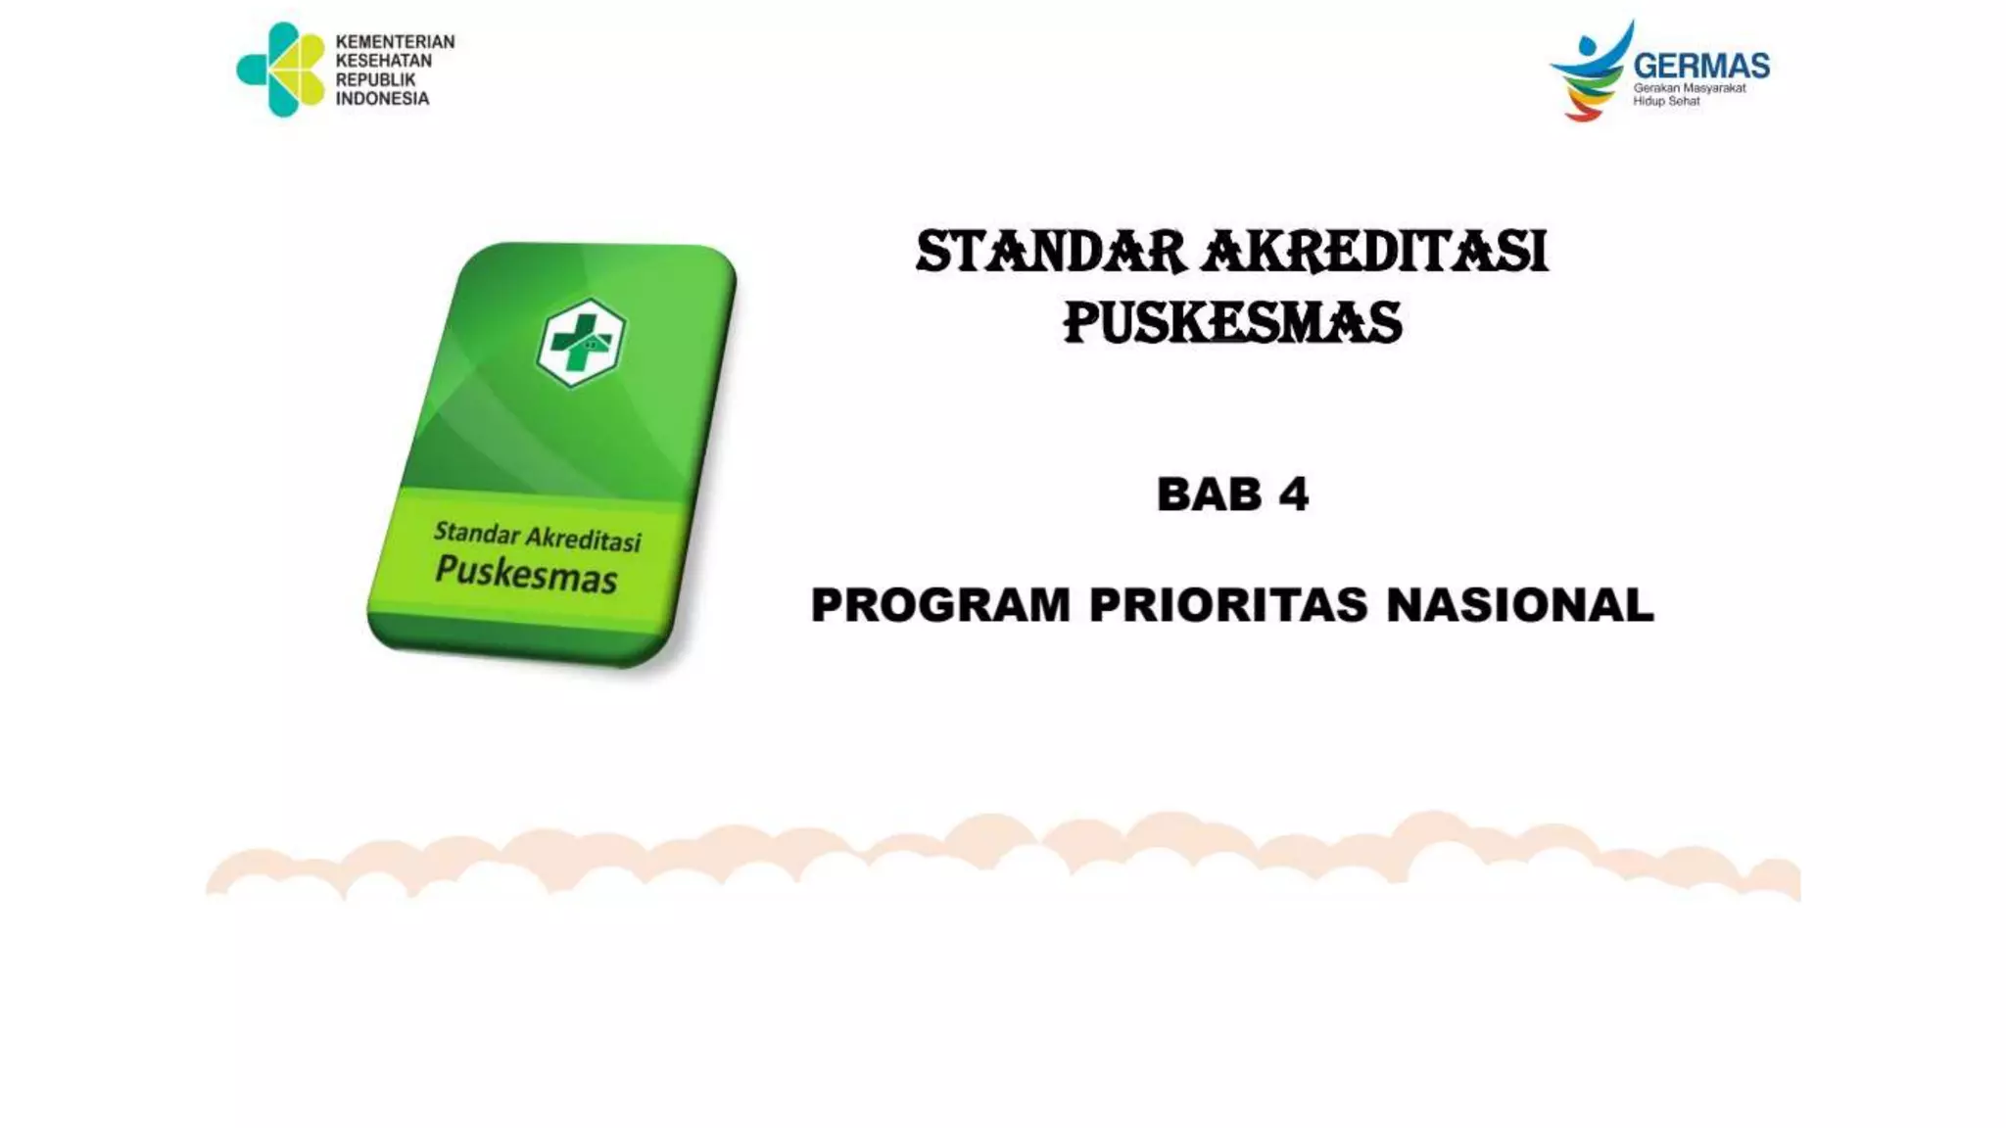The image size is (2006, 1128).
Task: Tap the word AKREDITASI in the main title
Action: pyautogui.click(x=1374, y=252)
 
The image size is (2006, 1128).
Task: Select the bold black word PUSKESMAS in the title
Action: pyautogui.click(x=1232, y=323)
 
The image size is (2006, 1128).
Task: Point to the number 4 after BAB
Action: pyautogui.click(x=1293, y=494)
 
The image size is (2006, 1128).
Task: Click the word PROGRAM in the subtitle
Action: pyautogui.click(x=940, y=605)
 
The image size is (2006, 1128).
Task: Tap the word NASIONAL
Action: pyautogui.click(x=1520, y=605)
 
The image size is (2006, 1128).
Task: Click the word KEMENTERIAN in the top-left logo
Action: pyautogui.click(x=395, y=42)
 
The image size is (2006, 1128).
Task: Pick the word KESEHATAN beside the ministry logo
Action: pyautogui.click(x=383, y=61)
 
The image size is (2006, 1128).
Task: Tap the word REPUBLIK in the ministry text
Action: pyautogui.click(x=375, y=79)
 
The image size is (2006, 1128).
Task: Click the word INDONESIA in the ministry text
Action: pyautogui.click(x=382, y=99)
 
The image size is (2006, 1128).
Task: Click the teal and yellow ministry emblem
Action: pyautogui.click(x=281, y=70)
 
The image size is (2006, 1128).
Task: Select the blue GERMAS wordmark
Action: pyautogui.click(x=1701, y=66)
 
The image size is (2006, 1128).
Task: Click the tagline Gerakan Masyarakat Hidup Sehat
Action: pyautogui.click(x=1689, y=95)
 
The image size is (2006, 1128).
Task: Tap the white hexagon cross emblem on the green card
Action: pyautogui.click(x=581, y=342)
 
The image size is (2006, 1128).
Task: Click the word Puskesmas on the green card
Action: pyautogui.click(x=526, y=573)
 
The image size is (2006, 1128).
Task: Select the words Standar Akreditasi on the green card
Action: pyautogui.click(x=537, y=537)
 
